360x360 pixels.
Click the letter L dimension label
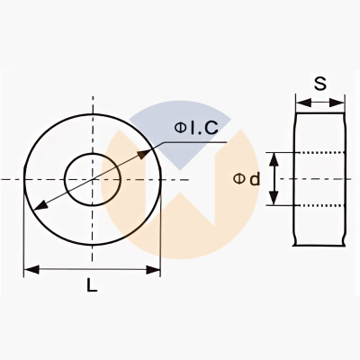click(92, 284)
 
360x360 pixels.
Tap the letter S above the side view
click(320, 84)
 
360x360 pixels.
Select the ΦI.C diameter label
click(196, 128)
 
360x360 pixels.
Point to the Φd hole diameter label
click(247, 179)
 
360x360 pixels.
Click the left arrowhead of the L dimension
click(31, 269)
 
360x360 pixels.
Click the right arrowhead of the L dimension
click(153, 269)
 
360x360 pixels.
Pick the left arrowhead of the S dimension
click(303, 103)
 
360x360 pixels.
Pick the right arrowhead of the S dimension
click(337, 103)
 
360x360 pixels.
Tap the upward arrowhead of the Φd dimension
click(274, 160)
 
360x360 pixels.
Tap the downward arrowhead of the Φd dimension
click(274, 198)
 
